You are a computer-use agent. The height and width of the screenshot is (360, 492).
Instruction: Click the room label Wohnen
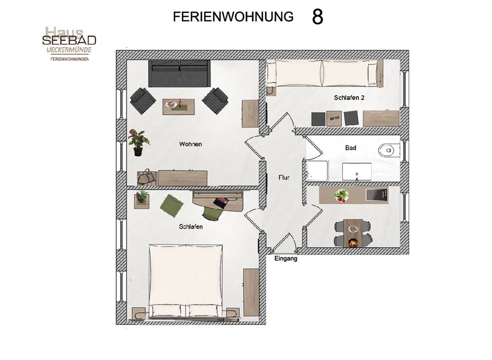point(190,144)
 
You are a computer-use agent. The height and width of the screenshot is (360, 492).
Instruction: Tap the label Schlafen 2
point(349,98)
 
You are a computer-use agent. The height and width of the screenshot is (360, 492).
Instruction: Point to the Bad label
point(351,147)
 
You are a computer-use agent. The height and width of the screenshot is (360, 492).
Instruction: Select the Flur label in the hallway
point(284,177)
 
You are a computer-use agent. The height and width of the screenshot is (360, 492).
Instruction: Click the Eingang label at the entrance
point(286,259)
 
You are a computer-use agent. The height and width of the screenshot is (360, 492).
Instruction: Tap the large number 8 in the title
point(317,17)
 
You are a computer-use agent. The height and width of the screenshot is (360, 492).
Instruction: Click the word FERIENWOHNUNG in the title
point(233,17)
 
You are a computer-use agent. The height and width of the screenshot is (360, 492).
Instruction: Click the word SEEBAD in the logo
point(69,41)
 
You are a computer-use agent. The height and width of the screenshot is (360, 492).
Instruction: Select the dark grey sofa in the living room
point(179,73)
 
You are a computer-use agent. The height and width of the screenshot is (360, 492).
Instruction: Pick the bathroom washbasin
point(357,171)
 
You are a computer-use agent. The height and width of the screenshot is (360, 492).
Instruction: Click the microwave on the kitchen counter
point(377,195)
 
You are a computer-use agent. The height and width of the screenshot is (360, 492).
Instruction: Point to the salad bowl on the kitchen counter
point(341,196)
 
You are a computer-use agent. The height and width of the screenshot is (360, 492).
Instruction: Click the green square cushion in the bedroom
point(172,205)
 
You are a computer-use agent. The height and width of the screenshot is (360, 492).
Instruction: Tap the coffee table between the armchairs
point(179,107)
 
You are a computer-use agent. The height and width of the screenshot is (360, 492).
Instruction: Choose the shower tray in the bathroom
point(317,171)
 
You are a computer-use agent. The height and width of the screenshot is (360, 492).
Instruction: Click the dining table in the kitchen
point(353,233)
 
